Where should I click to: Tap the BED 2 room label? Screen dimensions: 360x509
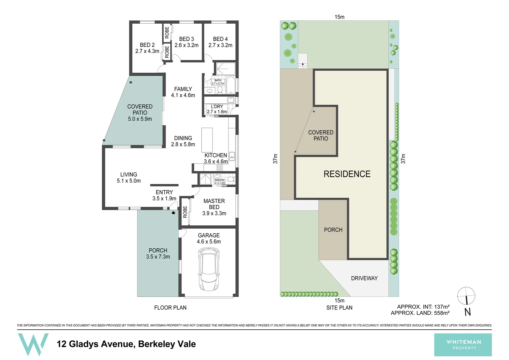[147, 45]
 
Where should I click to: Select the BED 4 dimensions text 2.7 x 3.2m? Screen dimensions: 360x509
[220, 45]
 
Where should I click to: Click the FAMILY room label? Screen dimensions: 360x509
[183, 89]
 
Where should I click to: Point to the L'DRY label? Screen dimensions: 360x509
[217, 107]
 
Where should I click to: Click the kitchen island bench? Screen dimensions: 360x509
[207, 140]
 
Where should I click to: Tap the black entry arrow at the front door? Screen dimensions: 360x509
[173, 213]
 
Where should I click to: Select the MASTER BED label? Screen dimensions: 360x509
[214, 204]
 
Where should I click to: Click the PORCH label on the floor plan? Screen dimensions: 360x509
[158, 250]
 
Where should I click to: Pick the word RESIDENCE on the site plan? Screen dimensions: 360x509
[347, 174]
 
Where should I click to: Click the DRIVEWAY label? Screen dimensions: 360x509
[364, 278]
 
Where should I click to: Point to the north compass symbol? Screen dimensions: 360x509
[466, 296]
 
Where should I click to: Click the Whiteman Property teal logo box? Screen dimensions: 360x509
[463, 345]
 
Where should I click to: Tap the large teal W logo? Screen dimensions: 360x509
[33, 344]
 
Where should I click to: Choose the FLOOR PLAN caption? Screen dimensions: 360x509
[170, 308]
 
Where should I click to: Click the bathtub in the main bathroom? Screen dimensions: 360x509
[231, 85]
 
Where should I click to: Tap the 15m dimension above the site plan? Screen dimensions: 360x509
[339, 17]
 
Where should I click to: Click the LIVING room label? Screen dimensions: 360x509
[129, 175]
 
